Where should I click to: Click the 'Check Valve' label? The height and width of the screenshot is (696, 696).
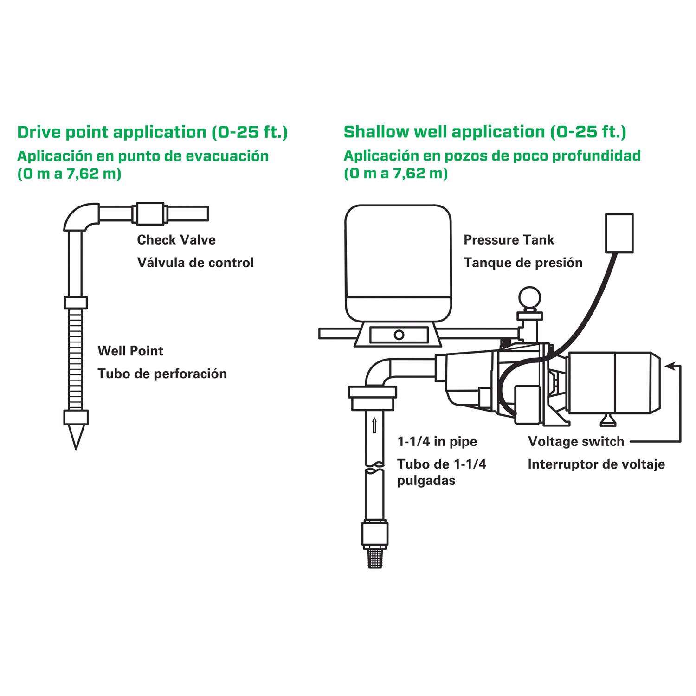(176, 240)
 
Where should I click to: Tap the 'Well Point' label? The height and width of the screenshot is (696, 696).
(130, 351)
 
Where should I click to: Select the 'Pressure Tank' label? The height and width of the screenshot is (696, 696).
(509, 240)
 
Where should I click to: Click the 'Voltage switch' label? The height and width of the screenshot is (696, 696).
(576, 441)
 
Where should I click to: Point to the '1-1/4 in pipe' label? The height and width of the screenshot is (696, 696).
(437, 441)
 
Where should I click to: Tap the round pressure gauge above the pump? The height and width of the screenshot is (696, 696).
(529, 297)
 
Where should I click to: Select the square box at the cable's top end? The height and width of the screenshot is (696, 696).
(619, 233)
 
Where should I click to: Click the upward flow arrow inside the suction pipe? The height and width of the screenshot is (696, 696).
(374, 425)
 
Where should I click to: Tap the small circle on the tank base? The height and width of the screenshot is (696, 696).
(399, 335)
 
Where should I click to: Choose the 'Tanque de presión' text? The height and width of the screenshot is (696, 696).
(523, 263)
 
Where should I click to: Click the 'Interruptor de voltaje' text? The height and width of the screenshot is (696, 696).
(596, 464)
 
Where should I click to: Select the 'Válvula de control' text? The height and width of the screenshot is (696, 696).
(195, 263)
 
